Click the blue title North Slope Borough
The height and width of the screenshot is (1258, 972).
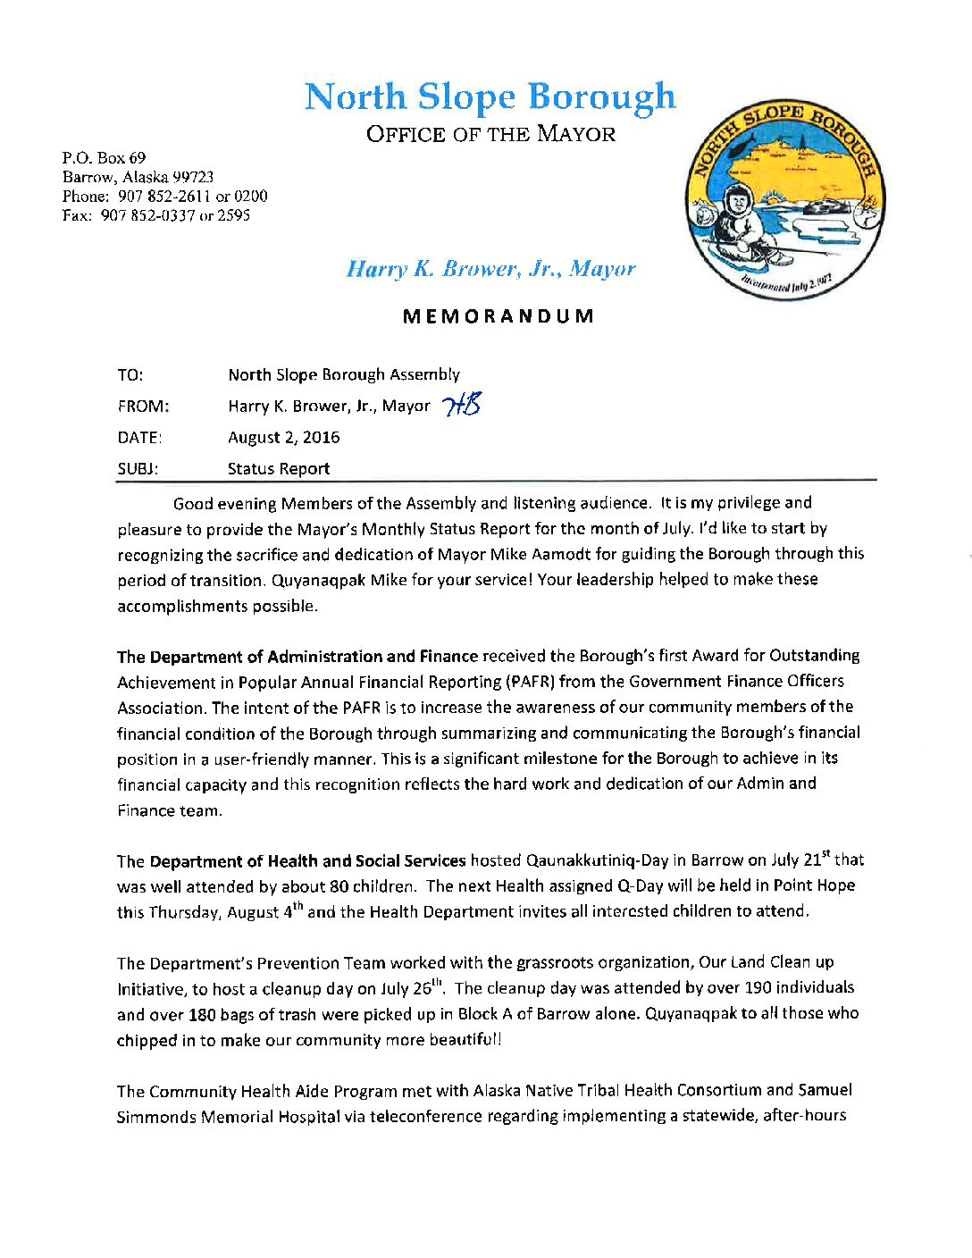pyautogui.click(x=490, y=96)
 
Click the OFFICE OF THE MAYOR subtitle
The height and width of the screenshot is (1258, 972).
pyautogui.click(x=490, y=135)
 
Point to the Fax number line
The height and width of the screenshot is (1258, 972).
pyautogui.click(x=155, y=215)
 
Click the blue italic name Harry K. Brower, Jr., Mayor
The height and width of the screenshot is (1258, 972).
pyautogui.click(x=490, y=269)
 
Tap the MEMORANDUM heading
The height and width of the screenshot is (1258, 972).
pyautogui.click(x=498, y=316)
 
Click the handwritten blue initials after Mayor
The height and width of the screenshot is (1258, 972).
pyautogui.click(x=462, y=406)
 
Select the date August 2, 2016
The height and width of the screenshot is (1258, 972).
pyautogui.click(x=283, y=437)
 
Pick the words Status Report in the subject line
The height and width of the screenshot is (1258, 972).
pyautogui.click(x=278, y=469)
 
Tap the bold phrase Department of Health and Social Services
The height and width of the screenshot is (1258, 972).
pyautogui.click(x=307, y=861)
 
